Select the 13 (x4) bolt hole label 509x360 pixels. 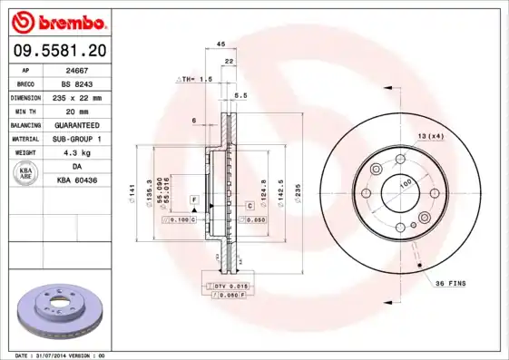pyautogui.click(x=430, y=135)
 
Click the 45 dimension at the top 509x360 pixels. pyautogui.click(x=220, y=44)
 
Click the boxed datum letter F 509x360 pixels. pyautogui.click(x=193, y=198)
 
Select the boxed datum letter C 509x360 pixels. pyautogui.click(x=249, y=206)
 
